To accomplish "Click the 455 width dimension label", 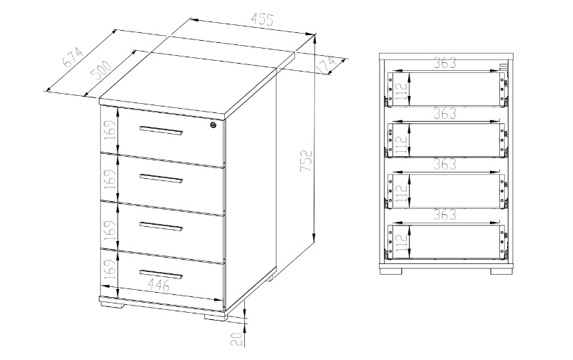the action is [x=262, y=19].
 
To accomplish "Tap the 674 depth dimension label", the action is [x=73, y=57].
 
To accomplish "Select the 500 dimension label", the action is [x=102, y=70].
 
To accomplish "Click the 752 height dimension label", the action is [x=306, y=160].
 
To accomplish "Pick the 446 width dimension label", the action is [x=158, y=284].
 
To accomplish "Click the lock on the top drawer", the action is [x=213, y=125].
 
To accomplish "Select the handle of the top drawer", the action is [x=161, y=131].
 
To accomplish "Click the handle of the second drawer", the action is [x=161, y=178].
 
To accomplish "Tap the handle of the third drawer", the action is [x=161, y=226].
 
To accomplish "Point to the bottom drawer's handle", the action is [x=161, y=274].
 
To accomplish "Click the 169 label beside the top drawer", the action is [x=110, y=130].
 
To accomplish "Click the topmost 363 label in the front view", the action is [x=445, y=63].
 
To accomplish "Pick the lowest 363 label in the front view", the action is [x=445, y=215].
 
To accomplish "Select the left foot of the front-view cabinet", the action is [x=391, y=271].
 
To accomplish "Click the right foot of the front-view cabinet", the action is [x=501, y=271].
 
